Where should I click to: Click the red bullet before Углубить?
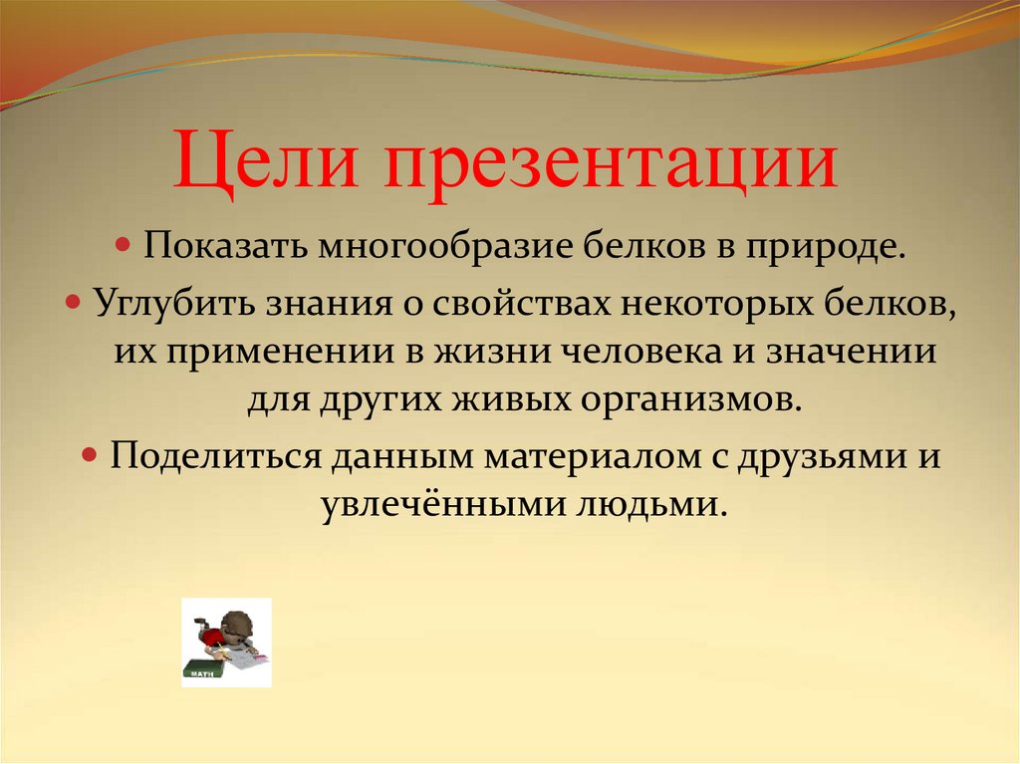(74, 302)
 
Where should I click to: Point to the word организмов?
(691, 399)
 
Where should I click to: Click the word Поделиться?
(215, 455)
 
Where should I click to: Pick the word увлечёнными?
(443, 504)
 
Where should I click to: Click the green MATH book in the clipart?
(205, 670)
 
